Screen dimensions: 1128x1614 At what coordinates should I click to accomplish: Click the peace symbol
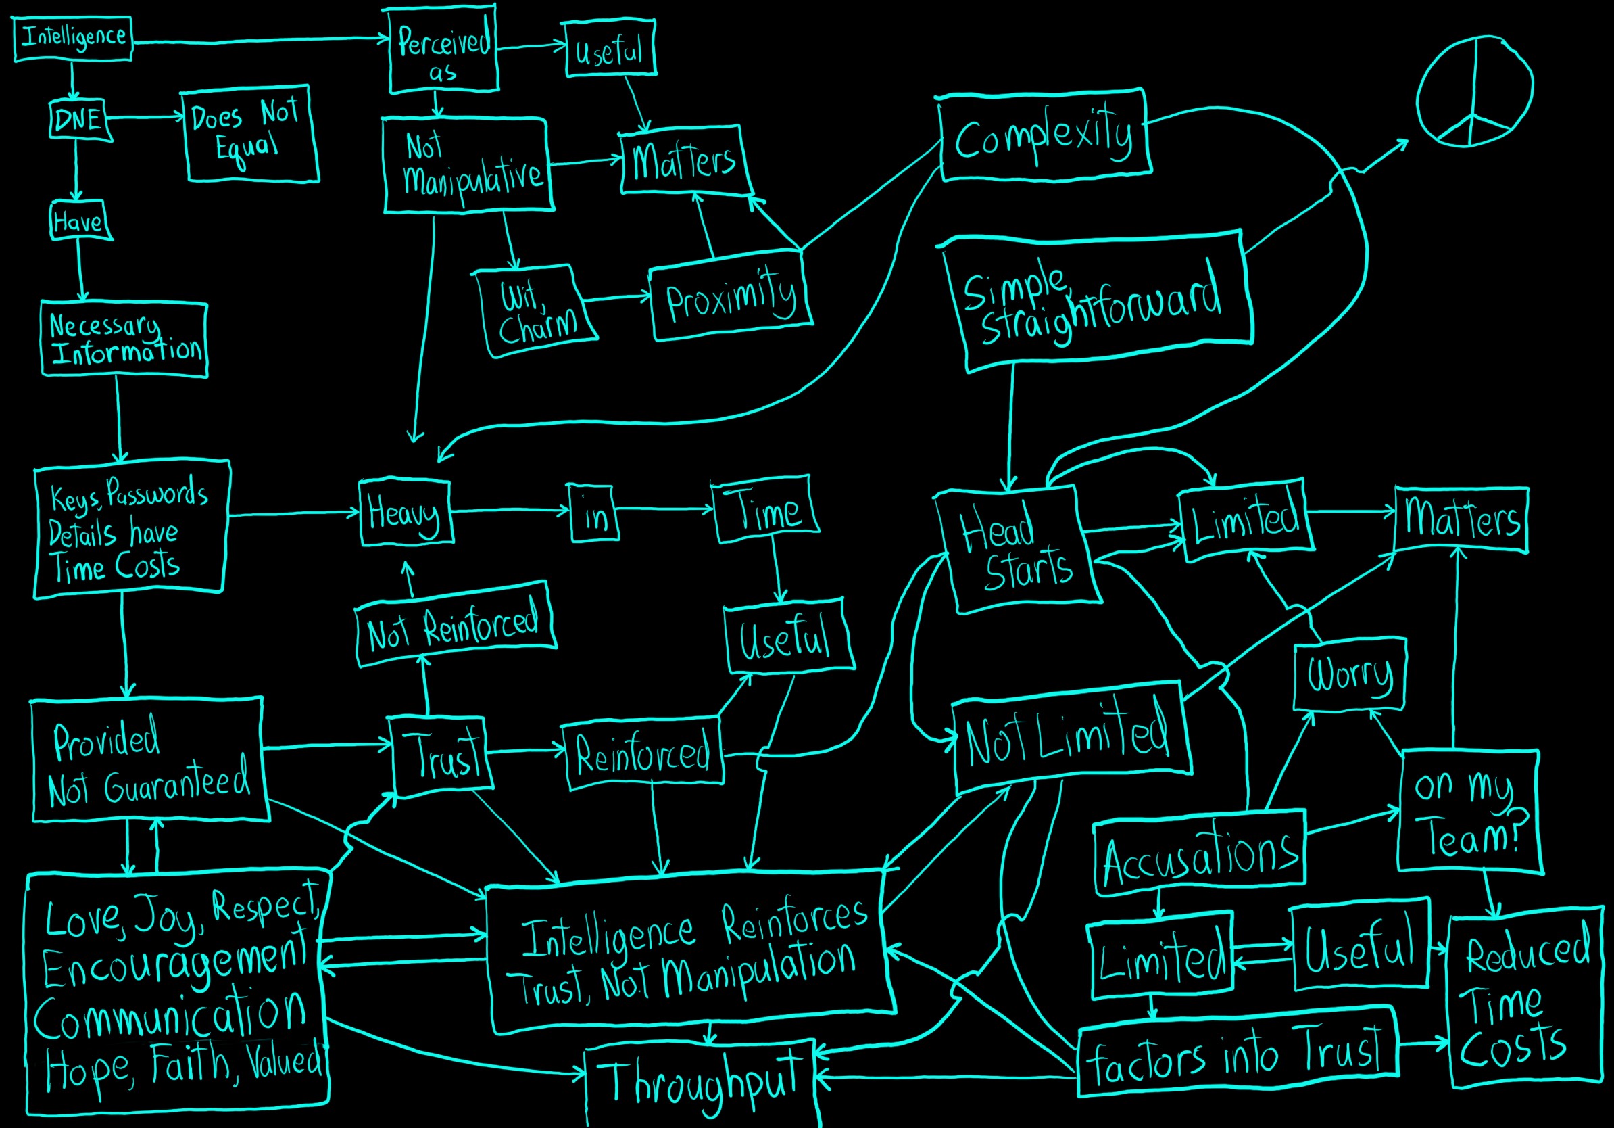click(1474, 91)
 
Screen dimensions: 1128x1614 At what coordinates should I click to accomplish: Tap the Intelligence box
click(73, 38)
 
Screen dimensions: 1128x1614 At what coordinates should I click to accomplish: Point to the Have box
click(80, 222)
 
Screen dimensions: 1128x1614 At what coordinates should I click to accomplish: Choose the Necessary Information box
click(124, 339)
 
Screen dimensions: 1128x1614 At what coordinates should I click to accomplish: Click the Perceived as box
click(443, 51)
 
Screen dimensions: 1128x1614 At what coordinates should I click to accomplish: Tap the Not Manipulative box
click(468, 165)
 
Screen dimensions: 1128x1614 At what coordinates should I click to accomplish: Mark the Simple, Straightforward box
click(1097, 301)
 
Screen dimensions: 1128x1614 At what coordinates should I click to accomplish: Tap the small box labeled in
click(595, 514)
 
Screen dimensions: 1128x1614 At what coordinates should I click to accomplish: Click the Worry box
click(1349, 674)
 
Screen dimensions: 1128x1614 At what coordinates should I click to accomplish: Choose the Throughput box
click(701, 1083)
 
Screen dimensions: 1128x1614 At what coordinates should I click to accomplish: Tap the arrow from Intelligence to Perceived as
click(260, 41)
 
